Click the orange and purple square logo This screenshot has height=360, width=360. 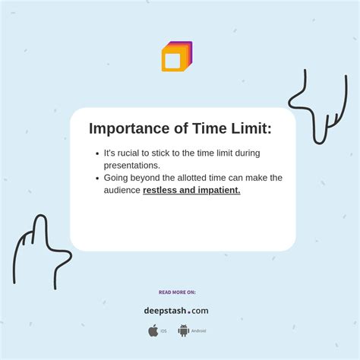[176, 57]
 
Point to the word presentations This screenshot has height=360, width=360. [131, 165]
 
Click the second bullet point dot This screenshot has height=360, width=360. [97, 178]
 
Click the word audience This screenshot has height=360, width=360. [122, 190]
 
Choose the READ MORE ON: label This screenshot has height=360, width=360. [177, 292]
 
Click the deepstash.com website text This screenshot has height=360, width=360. [176, 311]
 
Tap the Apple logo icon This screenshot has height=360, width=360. [153, 330]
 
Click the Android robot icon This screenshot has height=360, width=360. [183, 330]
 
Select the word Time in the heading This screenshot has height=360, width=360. [198, 129]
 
